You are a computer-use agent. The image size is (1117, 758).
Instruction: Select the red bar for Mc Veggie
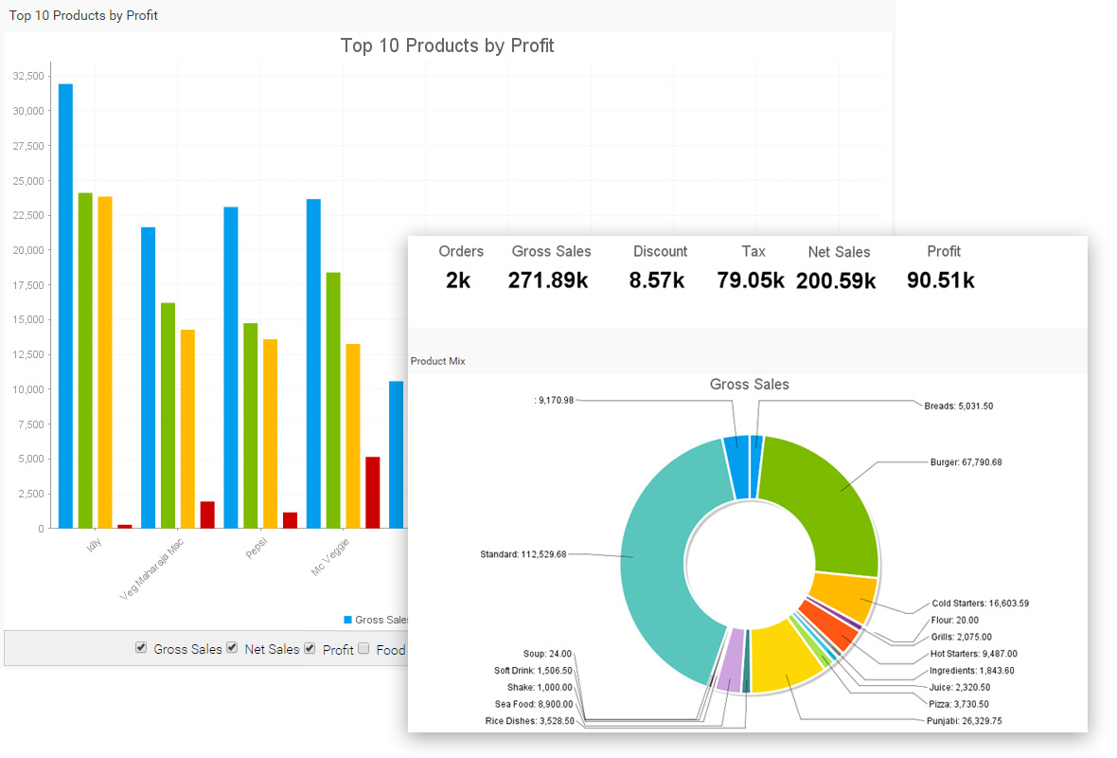point(373,493)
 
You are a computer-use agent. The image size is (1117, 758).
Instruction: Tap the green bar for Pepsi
point(250,425)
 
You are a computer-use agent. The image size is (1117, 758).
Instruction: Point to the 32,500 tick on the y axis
point(28,76)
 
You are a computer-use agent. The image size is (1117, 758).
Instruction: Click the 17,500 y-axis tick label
point(28,284)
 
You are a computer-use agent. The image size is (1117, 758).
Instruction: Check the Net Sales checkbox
point(232,648)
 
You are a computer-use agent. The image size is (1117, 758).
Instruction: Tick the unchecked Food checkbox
point(363,649)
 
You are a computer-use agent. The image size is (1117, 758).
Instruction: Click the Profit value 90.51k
point(940,280)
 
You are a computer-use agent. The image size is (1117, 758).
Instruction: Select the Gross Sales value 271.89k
point(548,280)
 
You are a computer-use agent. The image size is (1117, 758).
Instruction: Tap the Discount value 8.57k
point(660,280)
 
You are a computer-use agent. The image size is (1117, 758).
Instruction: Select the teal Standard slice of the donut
point(653,559)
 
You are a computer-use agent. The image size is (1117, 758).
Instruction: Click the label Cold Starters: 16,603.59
point(980,603)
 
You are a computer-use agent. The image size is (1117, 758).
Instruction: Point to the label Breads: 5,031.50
point(958,406)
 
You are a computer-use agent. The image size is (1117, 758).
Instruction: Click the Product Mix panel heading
point(437,361)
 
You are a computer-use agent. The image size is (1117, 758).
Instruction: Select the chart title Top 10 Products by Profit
point(447,45)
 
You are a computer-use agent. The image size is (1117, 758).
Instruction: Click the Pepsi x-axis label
point(257,549)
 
